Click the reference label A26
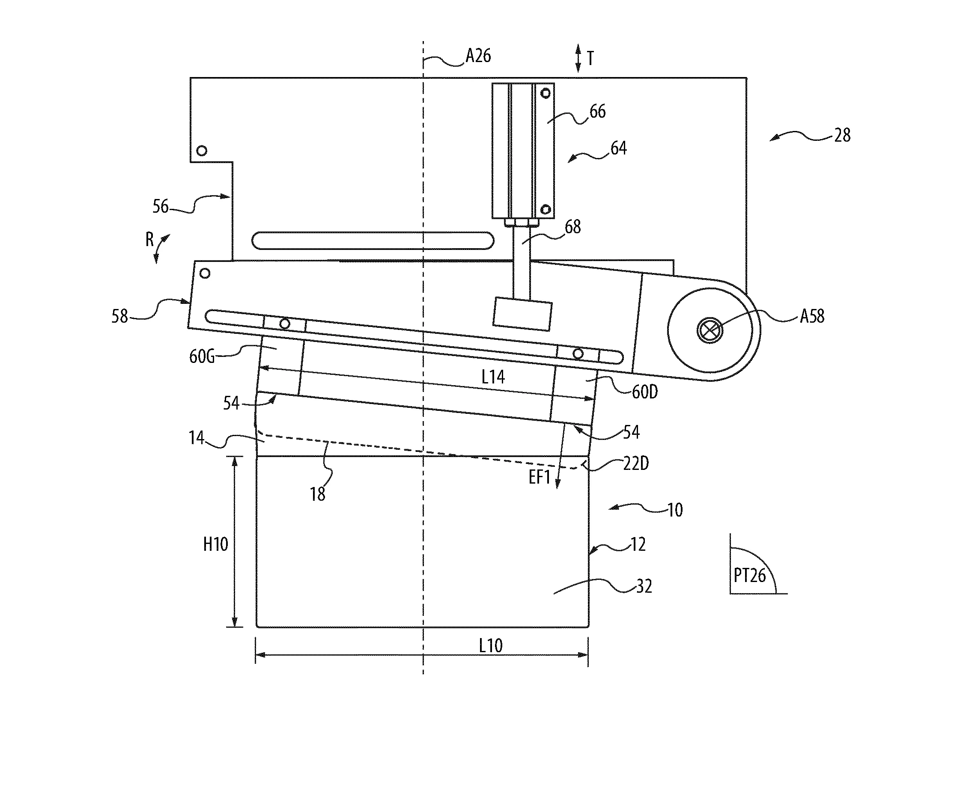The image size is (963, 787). tap(478, 56)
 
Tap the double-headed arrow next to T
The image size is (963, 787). tap(578, 58)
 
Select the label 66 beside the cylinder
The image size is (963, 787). tap(597, 112)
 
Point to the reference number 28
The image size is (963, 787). tap(842, 135)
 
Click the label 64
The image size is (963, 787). tap(618, 148)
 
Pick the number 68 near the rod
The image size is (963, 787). tap(572, 227)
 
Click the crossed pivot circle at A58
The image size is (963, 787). tap(710, 330)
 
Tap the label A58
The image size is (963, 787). tap(811, 316)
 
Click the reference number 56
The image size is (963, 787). tap(160, 207)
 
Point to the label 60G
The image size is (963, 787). tap(202, 357)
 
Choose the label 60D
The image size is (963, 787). tap(644, 392)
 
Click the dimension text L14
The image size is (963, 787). tap(493, 377)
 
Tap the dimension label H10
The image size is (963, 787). tap(215, 544)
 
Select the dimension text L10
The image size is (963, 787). tap(491, 645)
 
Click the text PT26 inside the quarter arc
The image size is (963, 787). tap(749, 576)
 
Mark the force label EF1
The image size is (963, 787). tap(540, 477)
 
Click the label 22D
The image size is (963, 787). tap(635, 464)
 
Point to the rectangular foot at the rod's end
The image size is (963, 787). tap(522, 314)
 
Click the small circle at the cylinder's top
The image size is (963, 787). tap(546, 93)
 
